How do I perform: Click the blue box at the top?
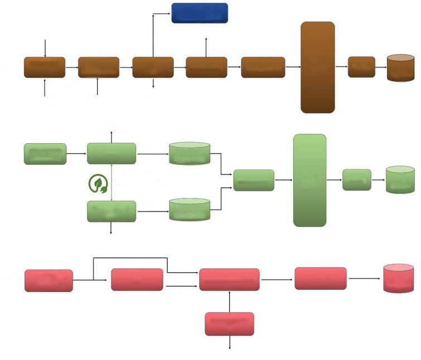199,13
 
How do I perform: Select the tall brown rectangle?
318,67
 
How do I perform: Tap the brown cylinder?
401,68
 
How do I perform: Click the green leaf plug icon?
98,184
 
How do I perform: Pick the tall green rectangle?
309,180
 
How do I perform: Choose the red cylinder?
398,279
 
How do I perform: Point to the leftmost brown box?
45,67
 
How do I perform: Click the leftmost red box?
49,280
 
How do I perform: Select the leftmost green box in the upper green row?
45,154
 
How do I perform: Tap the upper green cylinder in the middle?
190,154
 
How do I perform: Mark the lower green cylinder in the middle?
190,210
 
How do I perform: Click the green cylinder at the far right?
400,179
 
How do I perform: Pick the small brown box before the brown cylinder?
361,67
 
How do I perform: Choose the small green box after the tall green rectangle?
357,179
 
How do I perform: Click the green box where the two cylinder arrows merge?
254,180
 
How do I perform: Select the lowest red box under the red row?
229,324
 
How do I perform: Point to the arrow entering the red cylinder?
365,278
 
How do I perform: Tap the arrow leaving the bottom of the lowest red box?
230,343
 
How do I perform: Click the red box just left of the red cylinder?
320,278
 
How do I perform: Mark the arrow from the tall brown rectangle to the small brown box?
341,67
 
